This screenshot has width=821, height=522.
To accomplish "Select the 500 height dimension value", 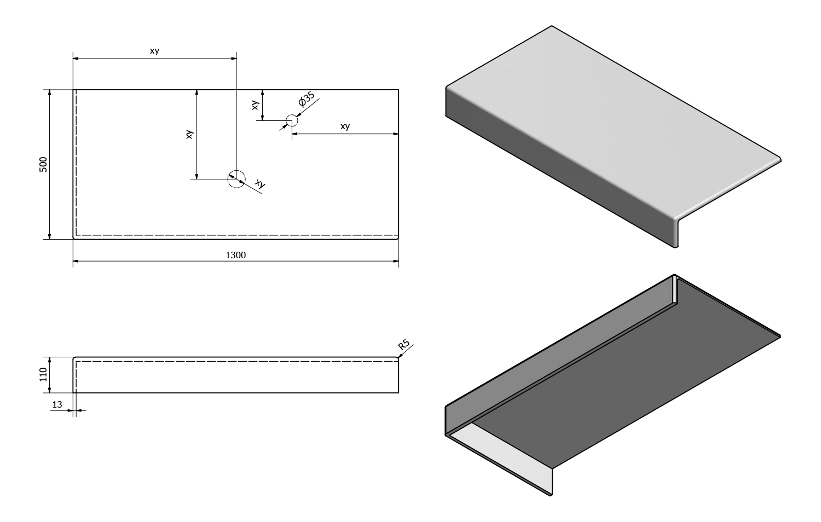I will pyautogui.click(x=43, y=164).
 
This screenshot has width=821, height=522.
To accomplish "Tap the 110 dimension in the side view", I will pyautogui.click(x=43, y=375).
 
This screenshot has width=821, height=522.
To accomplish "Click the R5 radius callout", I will pyautogui.click(x=404, y=345).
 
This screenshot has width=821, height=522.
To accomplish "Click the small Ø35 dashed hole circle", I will pyautogui.click(x=292, y=120).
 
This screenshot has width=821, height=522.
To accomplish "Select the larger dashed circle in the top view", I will pyautogui.click(x=236, y=179).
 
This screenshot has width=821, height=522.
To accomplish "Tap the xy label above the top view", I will pyautogui.click(x=155, y=51).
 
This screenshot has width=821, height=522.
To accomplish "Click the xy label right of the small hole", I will pyautogui.click(x=345, y=126).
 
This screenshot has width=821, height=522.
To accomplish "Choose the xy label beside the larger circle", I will pyautogui.click(x=261, y=185).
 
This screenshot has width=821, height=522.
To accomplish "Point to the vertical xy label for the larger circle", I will pyautogui.click(x=189, y=134).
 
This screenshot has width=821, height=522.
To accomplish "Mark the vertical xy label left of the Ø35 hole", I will pyautogui.click(x=255, y=105).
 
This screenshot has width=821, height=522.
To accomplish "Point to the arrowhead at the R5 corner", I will pyautogui.click(x=400, y=357).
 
